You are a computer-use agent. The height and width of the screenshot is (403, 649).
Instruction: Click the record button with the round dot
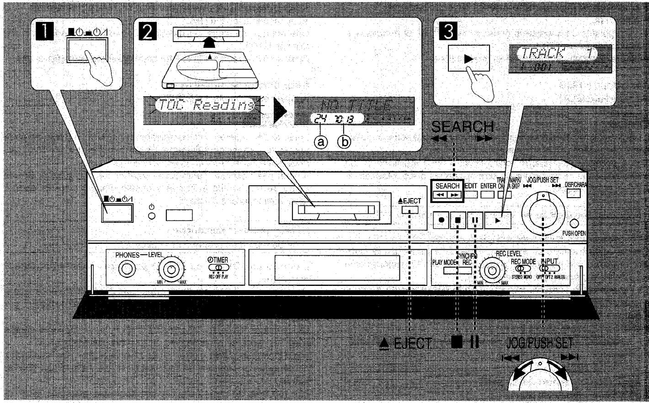point(441,220)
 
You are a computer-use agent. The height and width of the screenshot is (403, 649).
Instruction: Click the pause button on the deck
point(475,220)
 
